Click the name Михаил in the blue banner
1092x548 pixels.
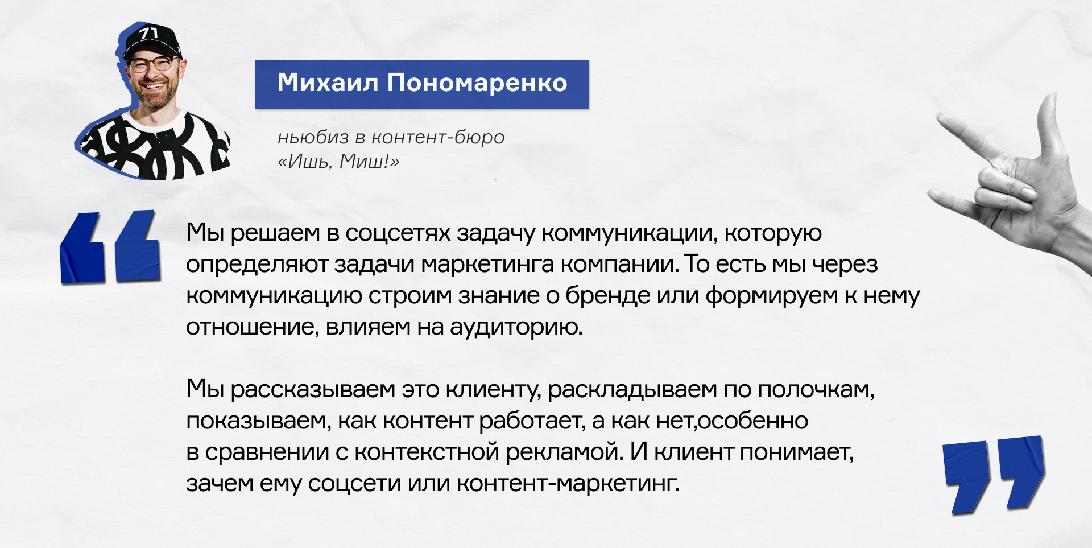pyautogui.click(x=328, y=83)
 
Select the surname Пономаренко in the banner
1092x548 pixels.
pyautogui.click(x=478, y=84)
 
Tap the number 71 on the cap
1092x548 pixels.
pyautogui.click(x=148, y=34)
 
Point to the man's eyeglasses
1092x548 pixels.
pyautogui.click(x=152, y=64)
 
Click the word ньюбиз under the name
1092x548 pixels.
pyautogui.click(x=313, y=137)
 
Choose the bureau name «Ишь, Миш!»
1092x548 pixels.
pyautogui.click(x=338, y=162)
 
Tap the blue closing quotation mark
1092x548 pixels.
pyautogui.click(x=994, y=475)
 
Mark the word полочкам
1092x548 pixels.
pyautogui.click(x=816, y=390)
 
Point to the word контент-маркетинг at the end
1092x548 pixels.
pyautogui.click(x=568, y=484)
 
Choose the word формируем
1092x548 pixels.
pyautogui.click(x=772, y=296)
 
